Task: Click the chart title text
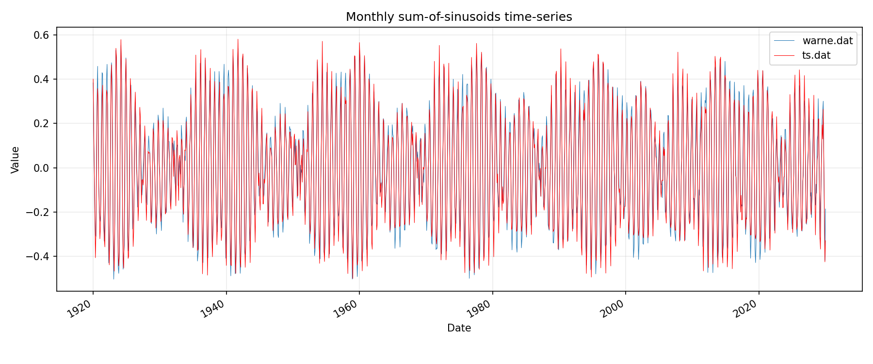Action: tap(459, 17)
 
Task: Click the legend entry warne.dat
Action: tap(827, 41)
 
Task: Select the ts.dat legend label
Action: tap(816, 55)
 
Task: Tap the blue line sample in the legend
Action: tap(784, 41)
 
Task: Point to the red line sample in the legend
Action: tap(784, 55)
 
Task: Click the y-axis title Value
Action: tap(16, 160)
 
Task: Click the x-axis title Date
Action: tap(459, 328)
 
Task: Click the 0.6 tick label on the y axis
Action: tap(41, 35)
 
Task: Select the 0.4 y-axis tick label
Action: tap(41, 79)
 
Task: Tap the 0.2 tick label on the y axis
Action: tap(41, 123)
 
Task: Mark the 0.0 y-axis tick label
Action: tap(41, 168)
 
